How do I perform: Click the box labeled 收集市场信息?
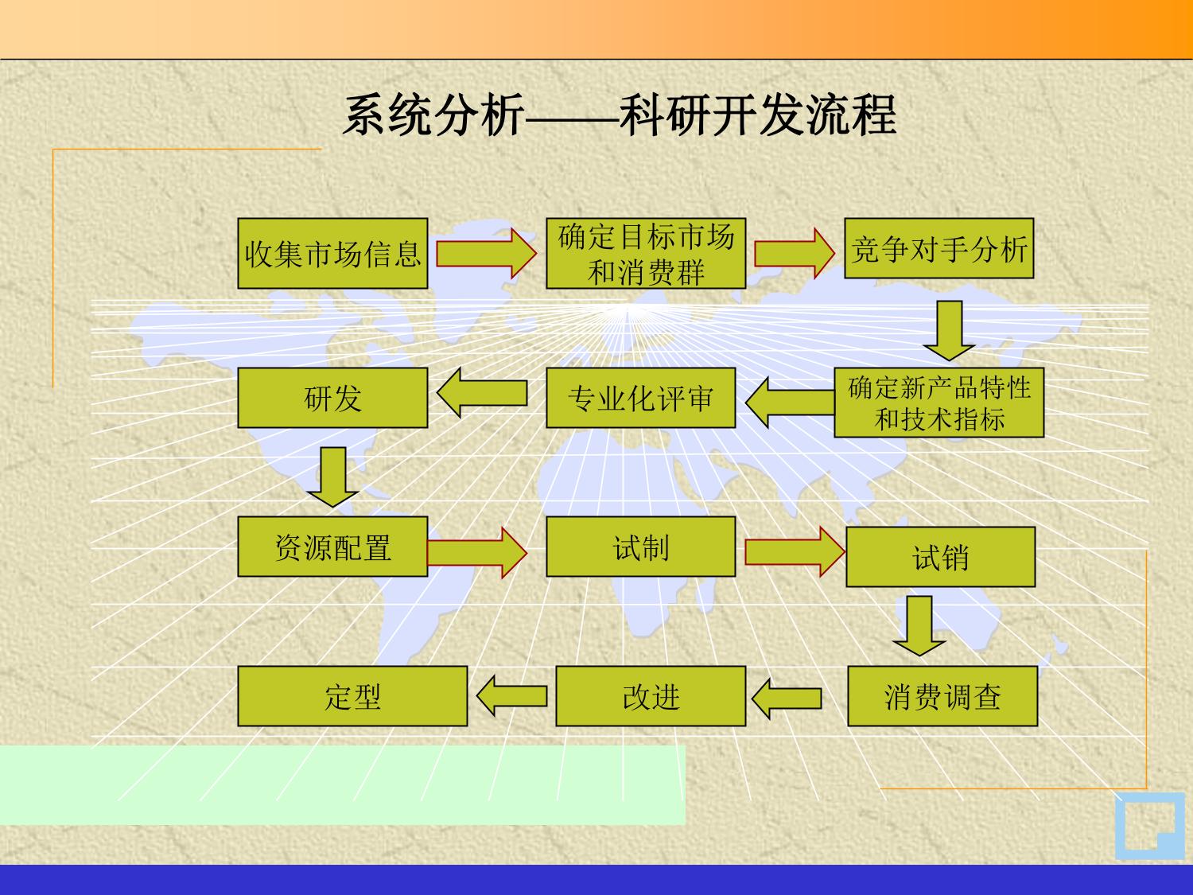332,254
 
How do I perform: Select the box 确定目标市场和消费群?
645,254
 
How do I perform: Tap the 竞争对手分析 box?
938,249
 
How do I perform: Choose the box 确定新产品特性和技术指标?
938,403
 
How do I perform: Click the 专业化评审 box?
640,398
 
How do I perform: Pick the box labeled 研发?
332,398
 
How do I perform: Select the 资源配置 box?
332,547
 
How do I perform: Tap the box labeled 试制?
640,547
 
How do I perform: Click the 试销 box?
940,557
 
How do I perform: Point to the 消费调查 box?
942,696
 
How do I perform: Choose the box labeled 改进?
651,696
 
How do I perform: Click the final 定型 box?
352,696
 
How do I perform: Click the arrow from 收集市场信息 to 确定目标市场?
486,254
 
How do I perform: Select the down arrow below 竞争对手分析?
949,329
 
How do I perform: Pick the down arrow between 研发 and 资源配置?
332,477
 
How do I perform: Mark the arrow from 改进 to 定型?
511,696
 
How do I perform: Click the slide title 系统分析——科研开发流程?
620,115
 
